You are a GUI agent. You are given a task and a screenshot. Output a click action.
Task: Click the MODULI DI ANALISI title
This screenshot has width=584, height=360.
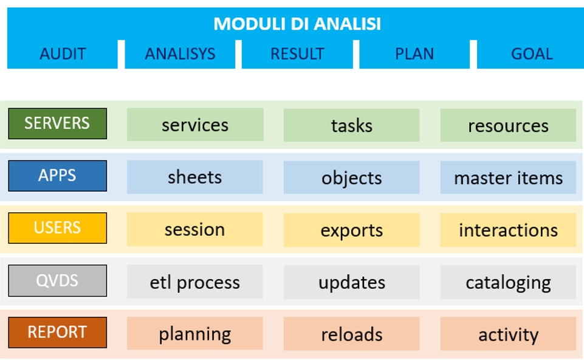tap(297, 24)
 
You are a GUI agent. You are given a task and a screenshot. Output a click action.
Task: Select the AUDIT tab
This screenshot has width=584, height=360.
tap(63, 54)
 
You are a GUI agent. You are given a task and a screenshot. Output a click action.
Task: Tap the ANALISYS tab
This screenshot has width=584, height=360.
tap(180, 54)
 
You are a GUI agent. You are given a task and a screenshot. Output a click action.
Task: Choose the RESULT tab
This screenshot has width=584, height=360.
tap(297, 54)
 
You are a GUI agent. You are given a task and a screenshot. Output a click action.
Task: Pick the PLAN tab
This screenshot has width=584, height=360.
tap(414, 54)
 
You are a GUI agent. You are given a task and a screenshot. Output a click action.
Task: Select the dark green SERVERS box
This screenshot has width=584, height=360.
tap(57, 123)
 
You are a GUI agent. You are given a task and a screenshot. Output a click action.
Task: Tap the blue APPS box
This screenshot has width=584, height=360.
tap(57, 176)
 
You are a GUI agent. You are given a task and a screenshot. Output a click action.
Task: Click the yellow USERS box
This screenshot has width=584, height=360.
tap(57, 228)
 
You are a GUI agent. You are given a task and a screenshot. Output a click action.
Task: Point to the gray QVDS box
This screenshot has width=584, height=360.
tap(57, 280)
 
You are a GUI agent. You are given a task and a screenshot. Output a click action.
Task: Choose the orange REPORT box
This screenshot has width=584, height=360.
tap(57, 333)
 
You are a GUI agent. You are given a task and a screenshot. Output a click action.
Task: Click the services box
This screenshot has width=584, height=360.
tap(195, 125)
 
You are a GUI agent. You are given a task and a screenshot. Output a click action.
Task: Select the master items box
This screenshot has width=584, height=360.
tap(509, 178)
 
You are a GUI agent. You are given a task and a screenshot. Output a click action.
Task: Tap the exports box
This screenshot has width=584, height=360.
tap(352, 230)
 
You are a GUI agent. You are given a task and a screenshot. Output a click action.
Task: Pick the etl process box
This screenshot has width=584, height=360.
tap(195, 282)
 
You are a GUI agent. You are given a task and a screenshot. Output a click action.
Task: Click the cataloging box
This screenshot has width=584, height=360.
tap(509, 282)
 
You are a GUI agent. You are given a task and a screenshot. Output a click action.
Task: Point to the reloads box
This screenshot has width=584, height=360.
tap(352, 334)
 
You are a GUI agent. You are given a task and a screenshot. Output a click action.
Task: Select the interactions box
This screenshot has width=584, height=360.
tap(509, 230)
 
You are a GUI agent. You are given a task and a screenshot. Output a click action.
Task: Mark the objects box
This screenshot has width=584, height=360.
tap(352, 178)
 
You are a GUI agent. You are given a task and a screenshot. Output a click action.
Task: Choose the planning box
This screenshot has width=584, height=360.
tap(195, 333)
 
